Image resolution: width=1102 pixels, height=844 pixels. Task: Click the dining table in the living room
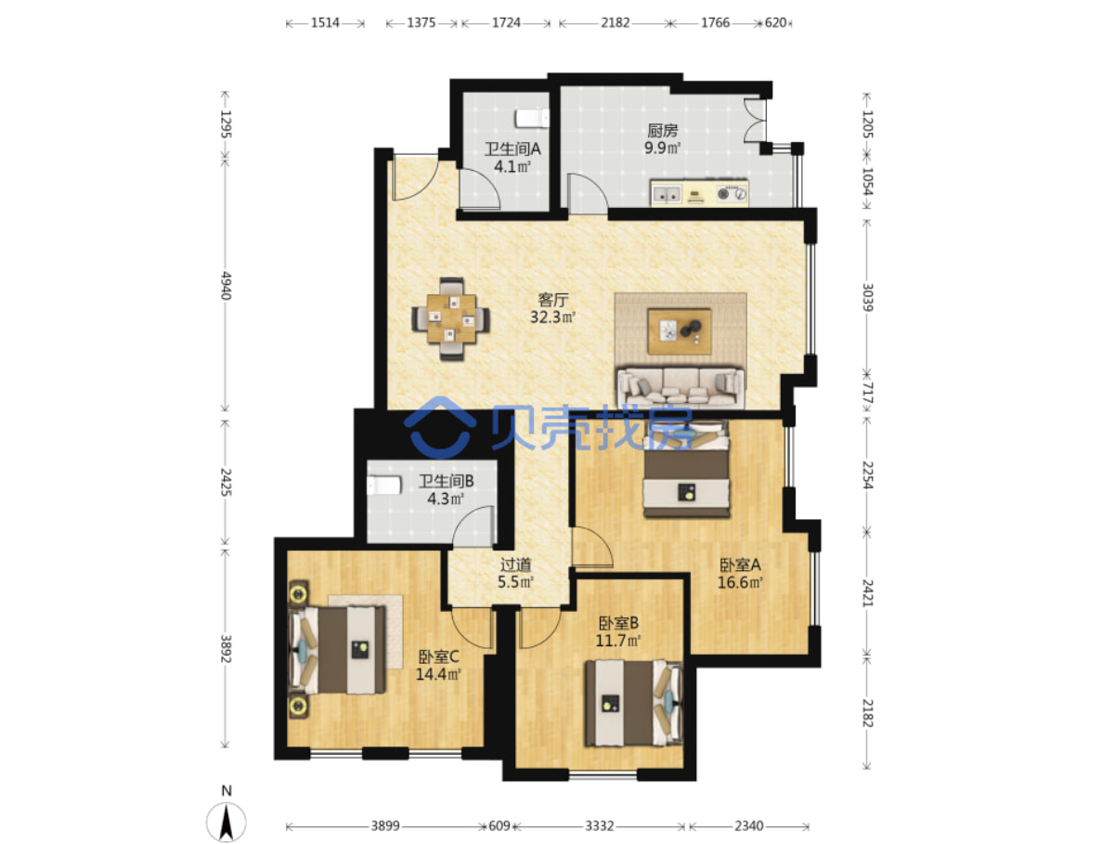pyautogui.click(x=451, y=319)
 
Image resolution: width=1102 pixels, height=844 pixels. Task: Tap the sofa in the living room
pyautogui.click(x=681, y=386)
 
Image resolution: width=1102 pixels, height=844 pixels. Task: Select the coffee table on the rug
pyautogui.click(x=679, y=331)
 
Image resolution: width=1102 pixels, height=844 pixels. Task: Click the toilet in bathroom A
pyautogui.click(x=531, y=118)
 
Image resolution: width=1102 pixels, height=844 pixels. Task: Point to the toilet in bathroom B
pyautogui.click(x=383, y=486)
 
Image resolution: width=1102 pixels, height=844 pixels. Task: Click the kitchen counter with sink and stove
pyautogui.click(x=699, y=192)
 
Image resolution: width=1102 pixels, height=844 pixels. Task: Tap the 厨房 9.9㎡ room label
pyautogui.click(x=663, y=139)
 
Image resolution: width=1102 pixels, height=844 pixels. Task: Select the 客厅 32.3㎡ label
pyautogui.click(x=553, y=308)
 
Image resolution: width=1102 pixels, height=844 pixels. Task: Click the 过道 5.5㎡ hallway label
pyautogui.click(x=516, y=574)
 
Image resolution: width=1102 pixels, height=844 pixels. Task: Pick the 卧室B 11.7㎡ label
pyautogui.click(x=618, y=631)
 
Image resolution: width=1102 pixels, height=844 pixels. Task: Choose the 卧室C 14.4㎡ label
pyautogui.click(x=438, y=666)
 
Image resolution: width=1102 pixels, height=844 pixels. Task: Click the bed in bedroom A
pyautogui.click(x=687, y=469)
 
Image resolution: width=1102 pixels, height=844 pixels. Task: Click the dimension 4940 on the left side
pyautogui.click(x=226, y=285)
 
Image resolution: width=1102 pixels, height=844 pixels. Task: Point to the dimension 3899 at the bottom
pyautogui.click(x=385, y=825)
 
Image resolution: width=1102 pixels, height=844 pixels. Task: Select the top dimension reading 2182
pyautogui.click(x=615, y=22)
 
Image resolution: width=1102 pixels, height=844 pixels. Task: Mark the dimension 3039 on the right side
pyautogui.click(x=867, y=297)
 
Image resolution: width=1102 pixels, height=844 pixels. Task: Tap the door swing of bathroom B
pyautogui.click(x=473, y=526)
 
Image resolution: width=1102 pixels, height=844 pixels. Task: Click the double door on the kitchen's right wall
pyautogui.click(x=756, y=122)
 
